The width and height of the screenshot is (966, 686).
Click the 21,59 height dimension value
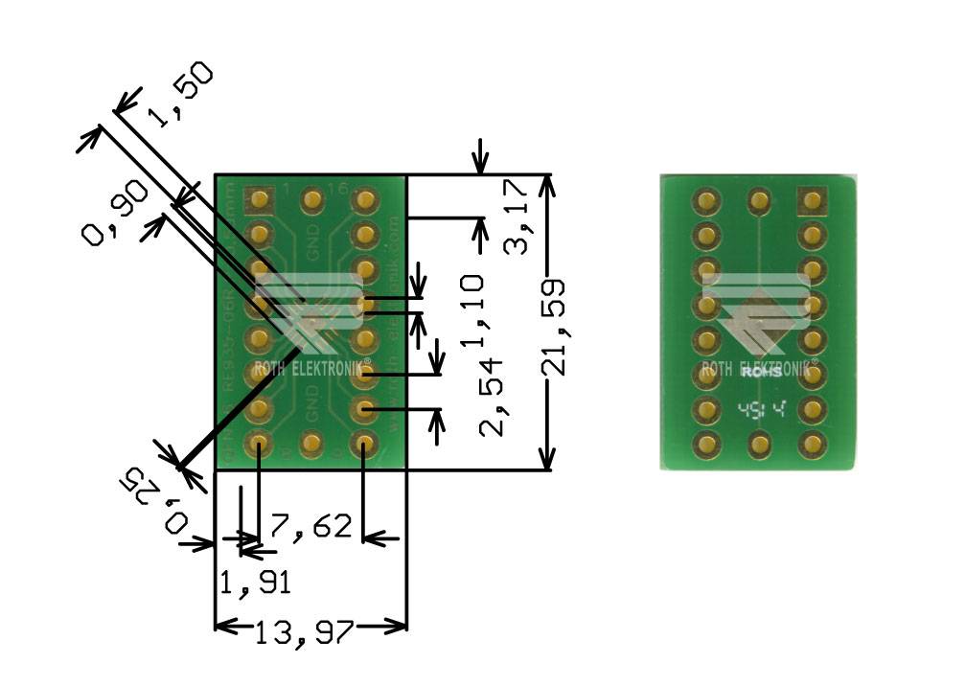(553, 327)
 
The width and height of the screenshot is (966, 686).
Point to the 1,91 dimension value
(255, 583)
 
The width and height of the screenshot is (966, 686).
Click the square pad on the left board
(259, 200)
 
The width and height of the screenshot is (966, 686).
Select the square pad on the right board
(813, 200)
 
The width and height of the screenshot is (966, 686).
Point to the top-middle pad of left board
(311, 201)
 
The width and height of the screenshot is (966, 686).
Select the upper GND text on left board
(312, 245)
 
